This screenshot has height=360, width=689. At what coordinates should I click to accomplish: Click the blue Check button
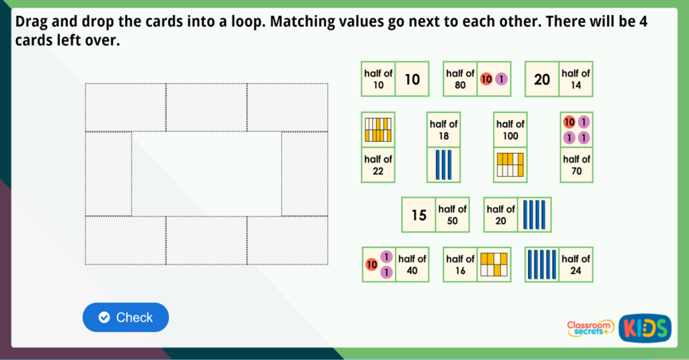[126, 318]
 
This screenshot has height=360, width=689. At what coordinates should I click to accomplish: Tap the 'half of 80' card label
[460, 79]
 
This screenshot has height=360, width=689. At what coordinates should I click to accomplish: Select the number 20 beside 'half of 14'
[542, 79]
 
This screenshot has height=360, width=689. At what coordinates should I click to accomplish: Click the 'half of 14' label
[576, 79]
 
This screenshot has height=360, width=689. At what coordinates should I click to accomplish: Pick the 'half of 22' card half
[378, 165]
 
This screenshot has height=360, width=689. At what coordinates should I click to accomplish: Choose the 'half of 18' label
[443, 130]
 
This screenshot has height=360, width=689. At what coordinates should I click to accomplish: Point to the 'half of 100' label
[510, 130]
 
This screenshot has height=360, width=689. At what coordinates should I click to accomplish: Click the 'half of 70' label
[577, 165]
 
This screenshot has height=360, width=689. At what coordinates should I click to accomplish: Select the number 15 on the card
[419, 215]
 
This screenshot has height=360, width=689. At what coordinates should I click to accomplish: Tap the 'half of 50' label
[452, 215]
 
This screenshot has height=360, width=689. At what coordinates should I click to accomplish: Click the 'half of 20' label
[501, 215]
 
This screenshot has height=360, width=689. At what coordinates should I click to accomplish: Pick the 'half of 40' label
[412, 264]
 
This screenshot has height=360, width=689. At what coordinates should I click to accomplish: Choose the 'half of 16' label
[460, 264]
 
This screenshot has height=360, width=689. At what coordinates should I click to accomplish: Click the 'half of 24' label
[576, 264]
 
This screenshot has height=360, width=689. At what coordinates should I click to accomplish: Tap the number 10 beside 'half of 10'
[412, 79]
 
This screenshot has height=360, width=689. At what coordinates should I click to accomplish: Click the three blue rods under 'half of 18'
[443, 165]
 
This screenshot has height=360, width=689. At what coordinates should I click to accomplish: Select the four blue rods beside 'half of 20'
[534, 215]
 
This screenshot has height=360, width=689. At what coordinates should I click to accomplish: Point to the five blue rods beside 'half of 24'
[542, 264]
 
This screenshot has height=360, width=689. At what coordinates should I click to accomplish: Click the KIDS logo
[645, 328]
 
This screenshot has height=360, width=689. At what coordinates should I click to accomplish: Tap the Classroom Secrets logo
[590, 328]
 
